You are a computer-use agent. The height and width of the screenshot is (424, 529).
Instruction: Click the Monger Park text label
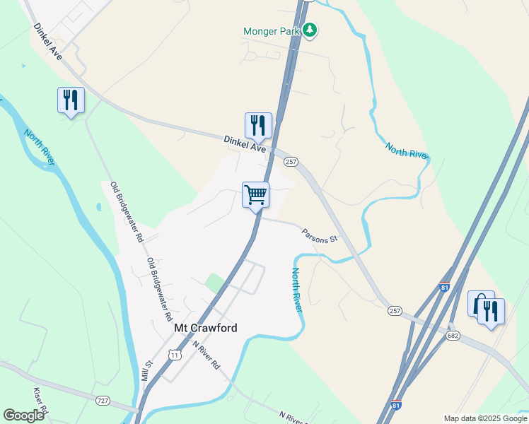pos(272,31)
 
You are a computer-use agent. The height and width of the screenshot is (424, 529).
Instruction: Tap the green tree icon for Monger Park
pos(310,30)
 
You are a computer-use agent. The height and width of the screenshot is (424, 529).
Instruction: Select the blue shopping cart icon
pos(255,194)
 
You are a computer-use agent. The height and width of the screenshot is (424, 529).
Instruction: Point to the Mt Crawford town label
pos(206,328)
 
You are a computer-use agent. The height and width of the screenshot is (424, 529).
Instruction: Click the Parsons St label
pos(320,235)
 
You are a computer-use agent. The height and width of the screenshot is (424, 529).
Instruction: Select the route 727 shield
pos(103,401)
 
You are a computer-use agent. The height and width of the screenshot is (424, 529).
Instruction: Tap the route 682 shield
pos(453,336)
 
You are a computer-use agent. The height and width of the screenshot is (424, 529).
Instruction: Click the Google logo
pos(23,416)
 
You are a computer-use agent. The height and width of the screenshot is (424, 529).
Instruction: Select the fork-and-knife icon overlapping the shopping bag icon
pos(491,311)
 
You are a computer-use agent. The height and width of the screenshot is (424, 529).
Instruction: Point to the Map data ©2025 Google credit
pos(485,418)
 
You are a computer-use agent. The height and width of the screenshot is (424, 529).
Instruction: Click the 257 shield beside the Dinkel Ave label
pos(290,162)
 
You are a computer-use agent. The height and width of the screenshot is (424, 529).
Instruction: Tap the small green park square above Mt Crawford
pos(214,283)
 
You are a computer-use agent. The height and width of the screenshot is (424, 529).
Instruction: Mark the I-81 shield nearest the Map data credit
pos(397,406)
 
